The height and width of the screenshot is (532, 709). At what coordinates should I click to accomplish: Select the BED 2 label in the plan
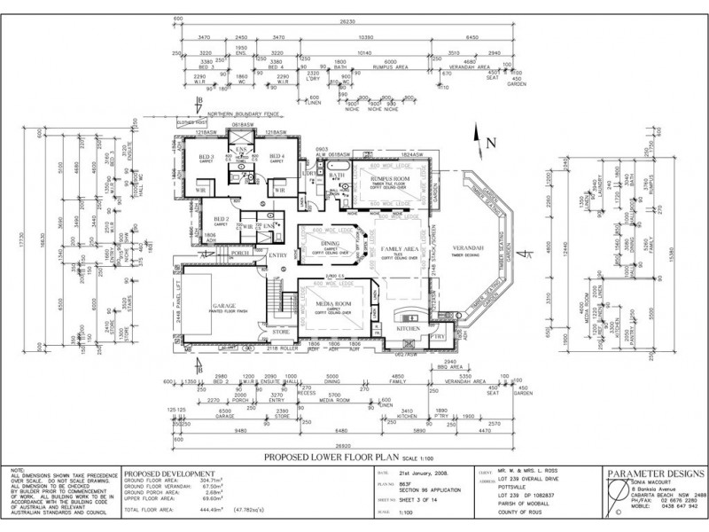click(222, 219)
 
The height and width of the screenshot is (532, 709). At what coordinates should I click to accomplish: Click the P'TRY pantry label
click(436, 337)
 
